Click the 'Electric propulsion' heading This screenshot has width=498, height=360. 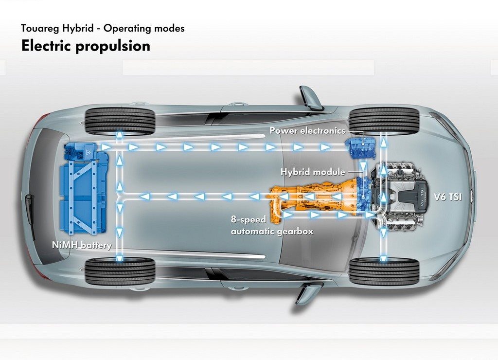click(86, 46)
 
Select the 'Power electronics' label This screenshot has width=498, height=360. click(307, 130)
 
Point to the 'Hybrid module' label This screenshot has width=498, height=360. click(313, 172)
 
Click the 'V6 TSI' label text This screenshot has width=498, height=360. click(448, 197)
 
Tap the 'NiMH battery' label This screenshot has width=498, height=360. click(82, 245)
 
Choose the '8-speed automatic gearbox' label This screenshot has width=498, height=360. click(272, 226)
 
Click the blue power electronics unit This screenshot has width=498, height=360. click(361, 147)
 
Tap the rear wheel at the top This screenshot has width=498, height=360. click(120, 121)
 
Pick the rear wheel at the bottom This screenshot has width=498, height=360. click(120, 270)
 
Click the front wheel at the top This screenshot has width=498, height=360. click(384, 121)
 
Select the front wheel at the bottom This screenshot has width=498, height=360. click(384, 270)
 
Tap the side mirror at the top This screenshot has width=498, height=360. click(310, 98)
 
